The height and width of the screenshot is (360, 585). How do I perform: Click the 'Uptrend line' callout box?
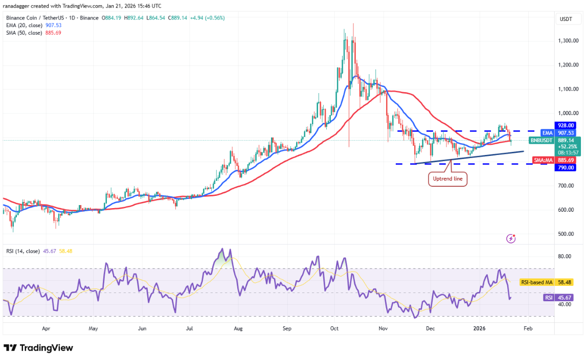(x=447, y=179)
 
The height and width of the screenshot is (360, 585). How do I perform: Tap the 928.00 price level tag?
(x=566, y=125)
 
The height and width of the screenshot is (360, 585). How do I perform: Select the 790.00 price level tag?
(x=566, y=167)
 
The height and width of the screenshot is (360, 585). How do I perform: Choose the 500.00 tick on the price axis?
(x=566, y=234)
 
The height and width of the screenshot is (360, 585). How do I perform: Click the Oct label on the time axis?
(x=334, y=329)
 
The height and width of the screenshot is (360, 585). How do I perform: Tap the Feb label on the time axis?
(x=528, y=329)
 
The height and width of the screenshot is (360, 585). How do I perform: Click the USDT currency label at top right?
(x=566, y=19)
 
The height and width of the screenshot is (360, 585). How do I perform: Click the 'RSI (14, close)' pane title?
(x=22, y=251)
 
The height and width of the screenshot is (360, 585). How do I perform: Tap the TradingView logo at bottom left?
(x=38, y=348)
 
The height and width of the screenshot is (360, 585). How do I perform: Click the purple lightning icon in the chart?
(x=510, y=238)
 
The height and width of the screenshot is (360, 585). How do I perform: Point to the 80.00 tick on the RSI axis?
(x=565, y=257)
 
